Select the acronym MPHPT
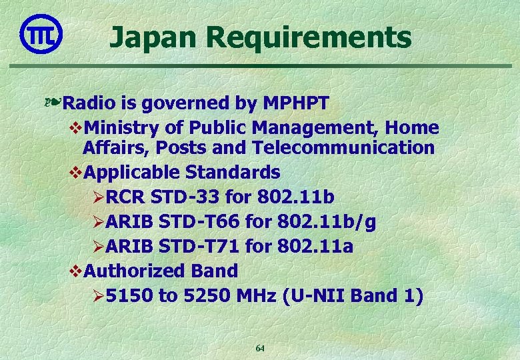tap(297, 103)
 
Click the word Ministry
tap(124, 128)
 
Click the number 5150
tap(129, 296)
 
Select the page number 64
tap(261, 349)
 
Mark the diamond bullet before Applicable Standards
tap(76, 173)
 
